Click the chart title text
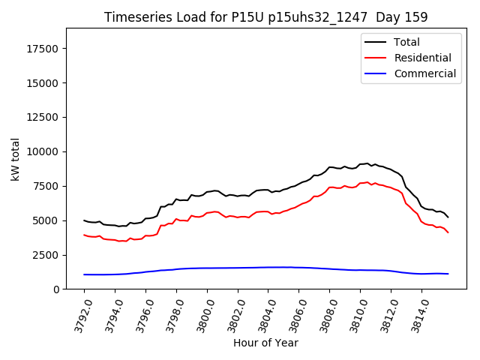[265, 17]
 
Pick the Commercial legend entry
[424, 73]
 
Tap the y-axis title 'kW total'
[15, 158]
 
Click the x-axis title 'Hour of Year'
[265, 343]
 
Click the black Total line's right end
[448, 217]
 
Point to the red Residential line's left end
[84, 235]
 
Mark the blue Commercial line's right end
[448, 274]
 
